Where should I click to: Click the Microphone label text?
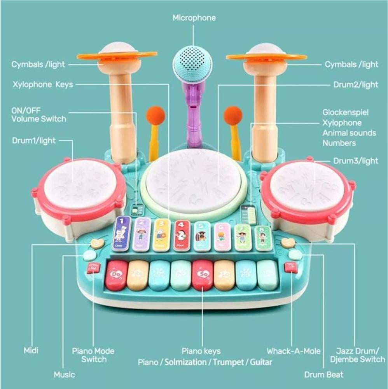tap(194, 18)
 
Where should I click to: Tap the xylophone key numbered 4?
tap(182, 235)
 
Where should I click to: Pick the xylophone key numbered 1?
tap(121, 233)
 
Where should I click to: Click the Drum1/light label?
tap(34, 141)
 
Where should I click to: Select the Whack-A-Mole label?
tap(294, 351)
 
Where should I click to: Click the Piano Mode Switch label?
tap(93, 355)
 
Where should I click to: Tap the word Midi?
tap(31, 351)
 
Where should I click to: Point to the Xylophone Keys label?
tap(42, 84)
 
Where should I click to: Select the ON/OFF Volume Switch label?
tap(38, 114)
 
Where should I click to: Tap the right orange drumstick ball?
tap(232, 116)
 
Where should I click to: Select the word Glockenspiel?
tap(345, 113)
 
